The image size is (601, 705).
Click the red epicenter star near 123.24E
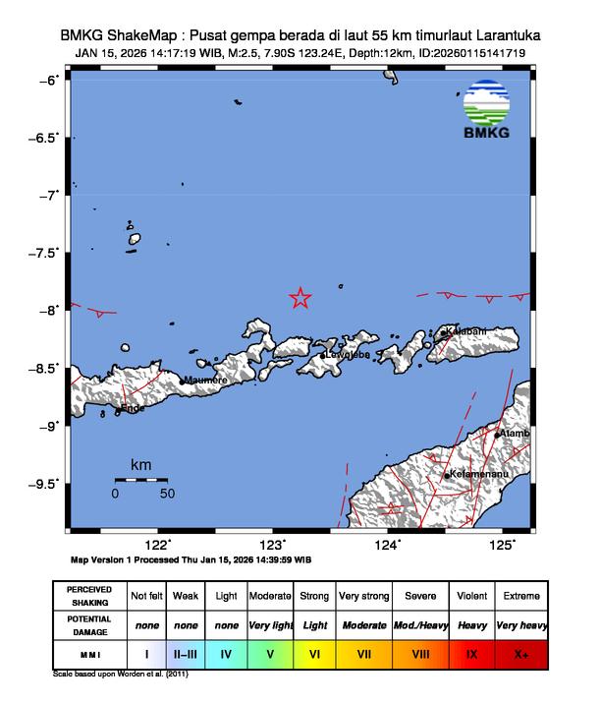tap(300, 298)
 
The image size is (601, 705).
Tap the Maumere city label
tap(206, 380)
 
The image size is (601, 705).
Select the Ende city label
tap(132, 407)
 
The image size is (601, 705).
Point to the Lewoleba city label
tap(348, 355)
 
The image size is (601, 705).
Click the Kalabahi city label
tap(465, 331)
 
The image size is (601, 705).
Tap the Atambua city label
tap(516, 433)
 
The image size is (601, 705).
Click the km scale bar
tap(140, 480)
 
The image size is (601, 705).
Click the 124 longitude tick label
tap(387, 546)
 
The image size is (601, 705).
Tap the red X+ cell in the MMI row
tap(520, 652)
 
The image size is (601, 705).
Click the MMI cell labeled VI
tap(314, 652)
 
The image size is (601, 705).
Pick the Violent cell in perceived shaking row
tap(471, 596)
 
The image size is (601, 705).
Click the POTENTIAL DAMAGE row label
tap(89, 624)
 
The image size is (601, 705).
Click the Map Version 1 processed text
tap(191, 559)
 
